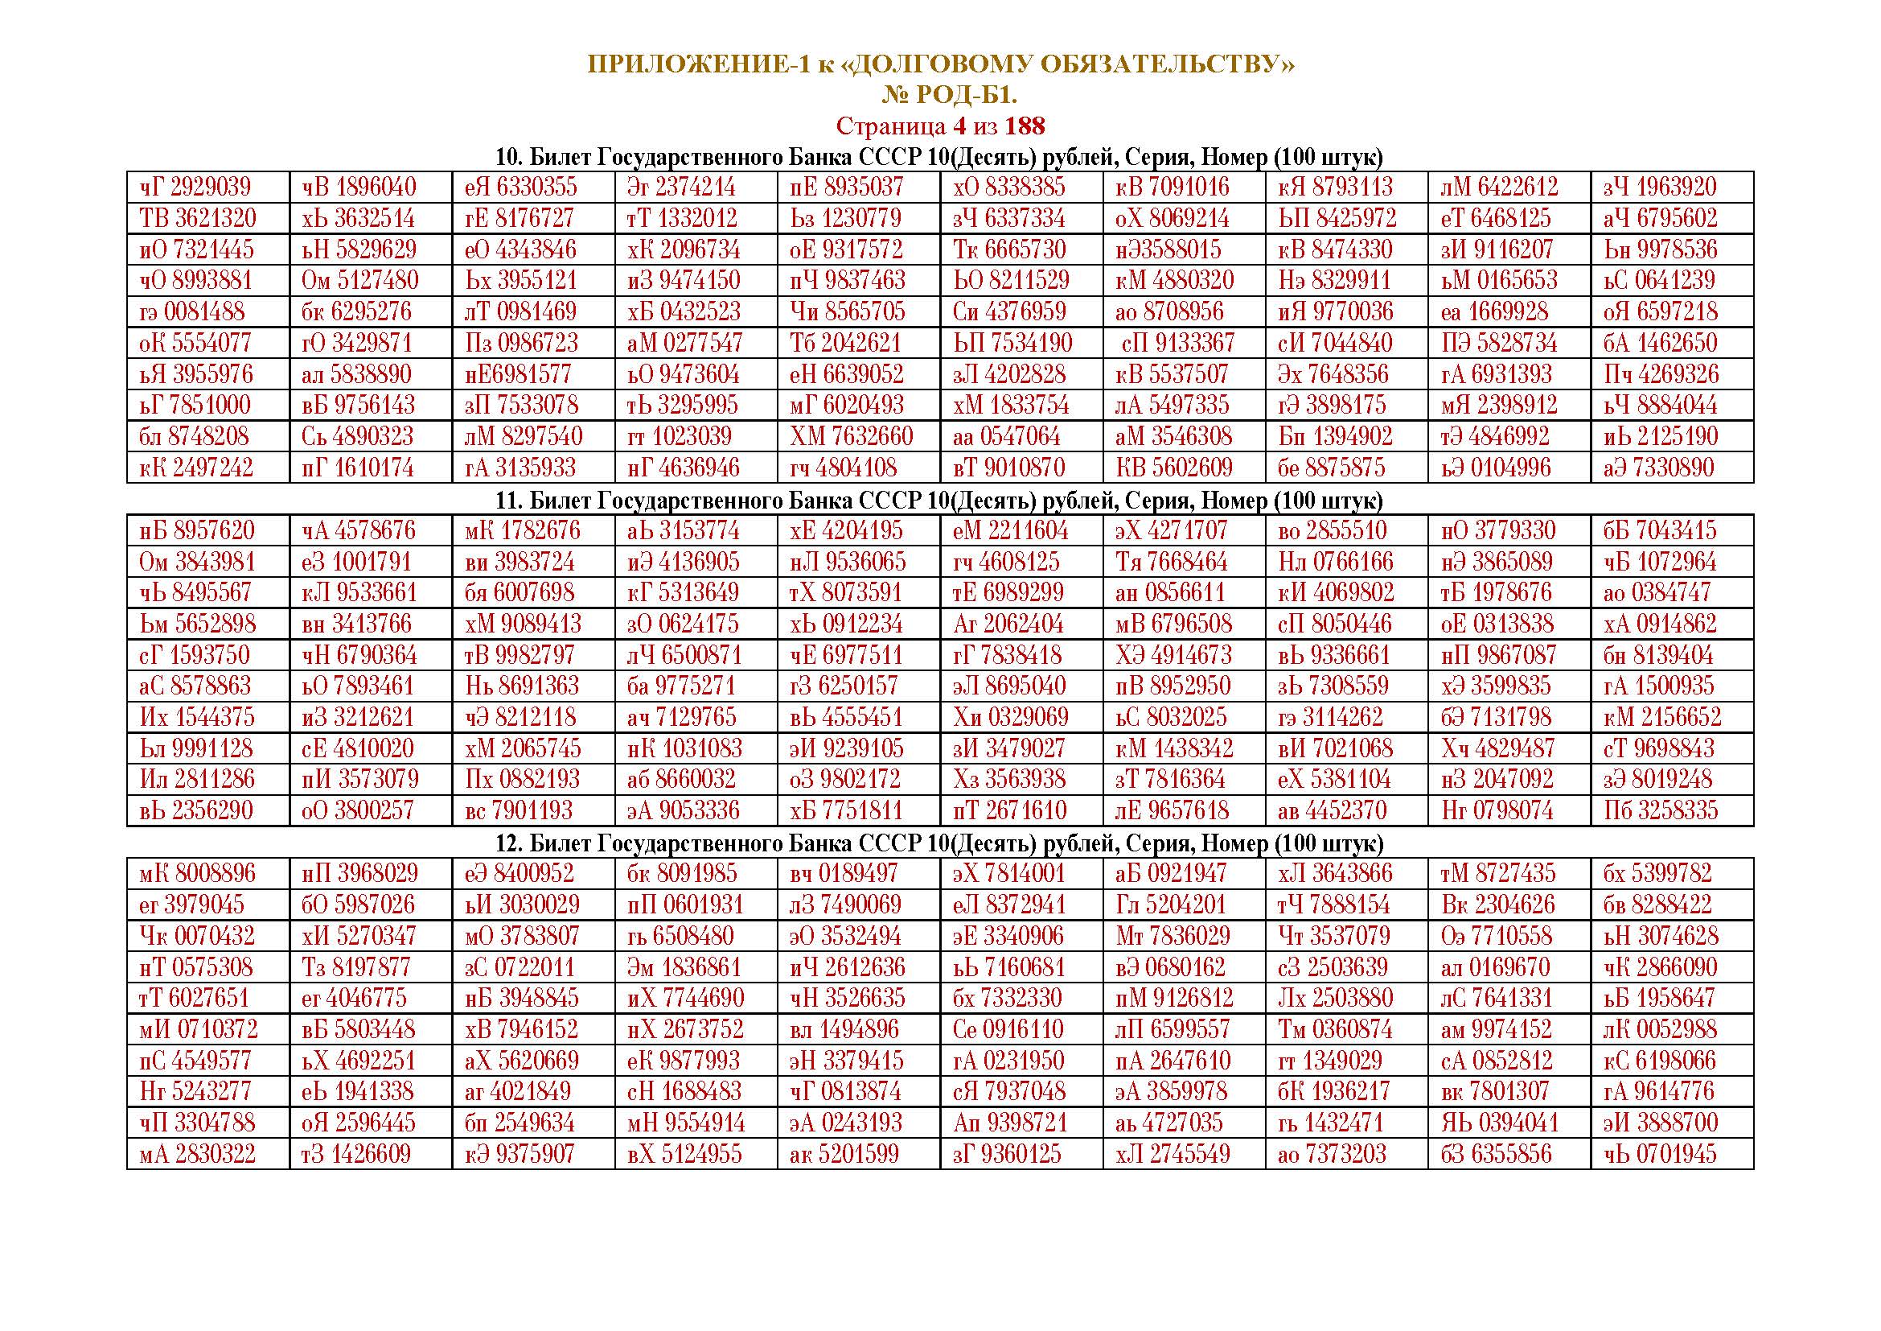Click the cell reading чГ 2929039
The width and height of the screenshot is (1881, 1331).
[195, 187]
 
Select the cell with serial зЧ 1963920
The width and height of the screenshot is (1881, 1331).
[1659, 187]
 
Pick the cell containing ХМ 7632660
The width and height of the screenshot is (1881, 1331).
[851, 436]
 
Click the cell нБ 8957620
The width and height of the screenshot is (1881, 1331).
[196, 530]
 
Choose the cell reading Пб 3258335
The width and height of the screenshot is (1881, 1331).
[1660, 810]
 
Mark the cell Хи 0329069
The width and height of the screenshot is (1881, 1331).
[1011, 717]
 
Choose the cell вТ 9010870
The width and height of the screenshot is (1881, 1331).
[1008, 468]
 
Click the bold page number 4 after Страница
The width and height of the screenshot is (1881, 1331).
[958, 126]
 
